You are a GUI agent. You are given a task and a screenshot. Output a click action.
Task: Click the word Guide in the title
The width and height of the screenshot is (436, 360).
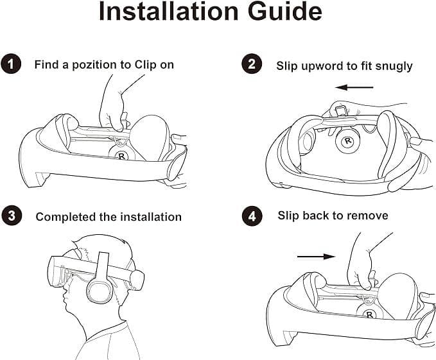click(x=284, y=12)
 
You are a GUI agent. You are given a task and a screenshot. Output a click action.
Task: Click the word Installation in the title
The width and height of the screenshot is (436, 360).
click(x=168, y=12)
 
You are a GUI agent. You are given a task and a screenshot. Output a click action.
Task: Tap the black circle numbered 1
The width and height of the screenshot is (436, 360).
click(x=11, y=64)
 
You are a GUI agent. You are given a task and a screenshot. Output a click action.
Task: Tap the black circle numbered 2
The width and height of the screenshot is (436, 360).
click(x=251, y=64)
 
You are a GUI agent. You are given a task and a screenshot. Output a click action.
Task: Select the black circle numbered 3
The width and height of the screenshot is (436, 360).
click(x=11, y=216)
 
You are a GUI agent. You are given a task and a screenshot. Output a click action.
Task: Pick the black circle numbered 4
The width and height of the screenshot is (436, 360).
click(x=252, y=216)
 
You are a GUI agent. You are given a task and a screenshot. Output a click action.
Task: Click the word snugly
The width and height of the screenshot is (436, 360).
click(x=394, y=67)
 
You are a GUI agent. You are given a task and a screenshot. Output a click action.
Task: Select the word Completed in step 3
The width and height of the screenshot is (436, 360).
click(x=65, y=217)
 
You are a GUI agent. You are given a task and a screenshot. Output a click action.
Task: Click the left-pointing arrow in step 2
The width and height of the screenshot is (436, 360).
click(x=354, y=87)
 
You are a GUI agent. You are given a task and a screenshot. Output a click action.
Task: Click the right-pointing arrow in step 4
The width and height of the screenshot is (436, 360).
click(x=316, y=257)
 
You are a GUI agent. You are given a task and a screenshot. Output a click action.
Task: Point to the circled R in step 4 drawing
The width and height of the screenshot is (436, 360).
click(x=369, y=312)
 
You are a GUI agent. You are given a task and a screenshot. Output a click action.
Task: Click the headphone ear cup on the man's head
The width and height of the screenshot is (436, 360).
click(x=100, y=293)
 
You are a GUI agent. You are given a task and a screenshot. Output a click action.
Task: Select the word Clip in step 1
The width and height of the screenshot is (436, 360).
click(x=145, y=65)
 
